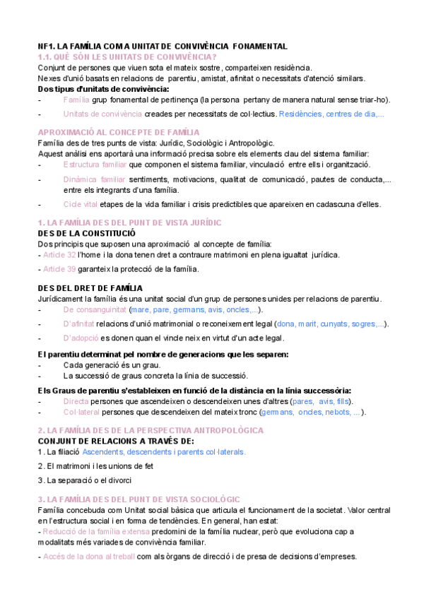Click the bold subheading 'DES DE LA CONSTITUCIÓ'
tap(87, 233)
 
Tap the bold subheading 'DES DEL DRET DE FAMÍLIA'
tap(90, 288)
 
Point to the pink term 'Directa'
tap(76, 401)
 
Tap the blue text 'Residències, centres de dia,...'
tap(331, 114)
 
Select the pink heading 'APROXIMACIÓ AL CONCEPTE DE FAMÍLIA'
tap(119, 132)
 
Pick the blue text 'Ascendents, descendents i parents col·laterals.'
tap(164, 451)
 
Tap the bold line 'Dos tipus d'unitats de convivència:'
tap(103, 89)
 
